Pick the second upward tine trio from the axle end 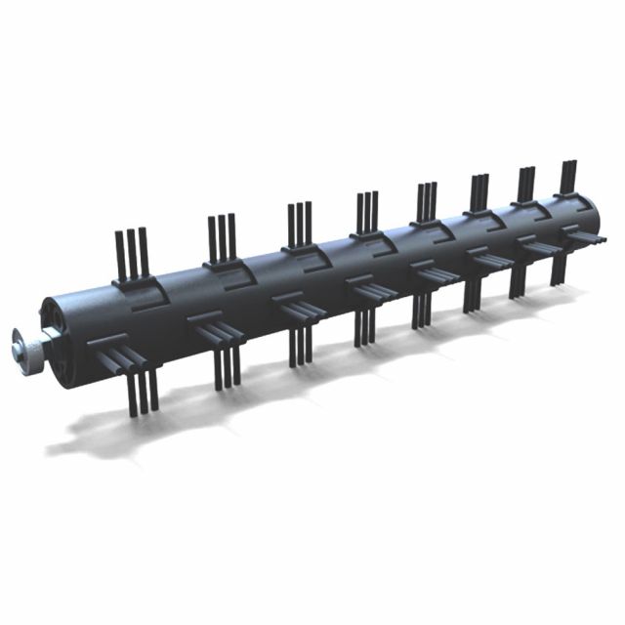click(x=223, y=238)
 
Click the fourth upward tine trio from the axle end click(x=366, y=211)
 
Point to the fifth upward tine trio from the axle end click(x=427, y=201)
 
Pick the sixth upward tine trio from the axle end click(x=479, y=192)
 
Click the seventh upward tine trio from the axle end click(x=525, y=184)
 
